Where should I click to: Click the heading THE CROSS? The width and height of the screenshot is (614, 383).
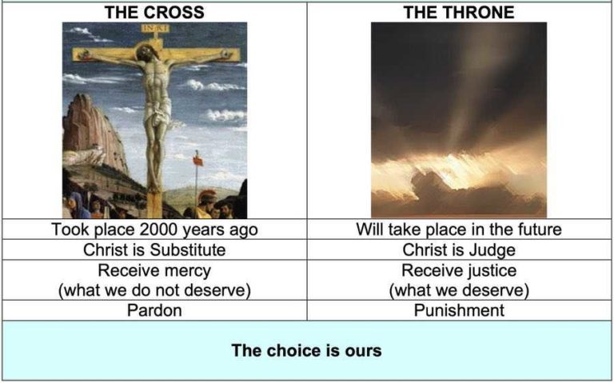coord(154,12)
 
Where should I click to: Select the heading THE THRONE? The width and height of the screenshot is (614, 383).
coord(459,12)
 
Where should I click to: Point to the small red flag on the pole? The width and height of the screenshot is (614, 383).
coord(197,159)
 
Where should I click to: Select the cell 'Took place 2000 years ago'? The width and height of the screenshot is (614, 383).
coord(154,229)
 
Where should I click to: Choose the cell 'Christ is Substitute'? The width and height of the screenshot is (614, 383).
coord(154,249)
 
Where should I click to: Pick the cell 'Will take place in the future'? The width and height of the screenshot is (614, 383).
coord(459,229)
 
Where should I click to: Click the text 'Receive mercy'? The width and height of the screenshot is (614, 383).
coord(154,270)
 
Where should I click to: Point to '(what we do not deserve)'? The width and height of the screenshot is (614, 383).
coord(154,289)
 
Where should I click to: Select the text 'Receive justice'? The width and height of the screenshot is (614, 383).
coord(459,270)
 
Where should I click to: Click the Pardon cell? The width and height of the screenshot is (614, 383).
coord(154,309)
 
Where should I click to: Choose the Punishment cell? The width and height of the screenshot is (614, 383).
coord(459,309)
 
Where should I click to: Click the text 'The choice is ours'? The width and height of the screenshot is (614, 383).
coord(306,350)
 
